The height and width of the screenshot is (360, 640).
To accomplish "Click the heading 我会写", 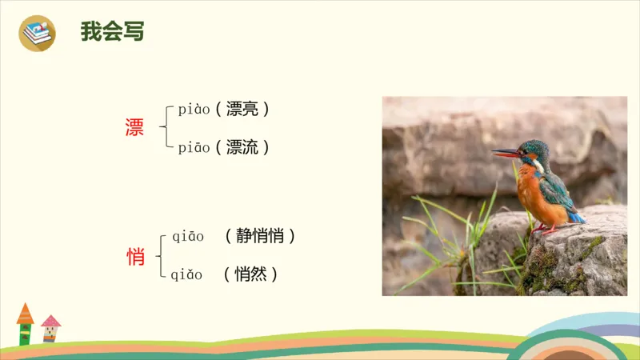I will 112,32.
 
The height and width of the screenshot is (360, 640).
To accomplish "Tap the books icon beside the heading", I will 37,33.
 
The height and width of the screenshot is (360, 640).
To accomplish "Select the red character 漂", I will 134,128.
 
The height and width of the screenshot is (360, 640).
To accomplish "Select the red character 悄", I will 136,257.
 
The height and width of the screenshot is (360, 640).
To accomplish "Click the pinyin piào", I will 194,110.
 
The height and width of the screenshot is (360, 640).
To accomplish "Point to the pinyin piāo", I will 194,147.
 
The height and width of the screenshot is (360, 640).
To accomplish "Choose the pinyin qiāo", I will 188,236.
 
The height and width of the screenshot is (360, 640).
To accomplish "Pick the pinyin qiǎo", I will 188,274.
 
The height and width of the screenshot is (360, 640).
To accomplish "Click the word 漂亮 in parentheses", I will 243,110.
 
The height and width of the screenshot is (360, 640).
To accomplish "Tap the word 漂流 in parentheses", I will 243,147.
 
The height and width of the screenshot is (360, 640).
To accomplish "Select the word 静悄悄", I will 261,236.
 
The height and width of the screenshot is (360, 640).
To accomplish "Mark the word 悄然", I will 250,274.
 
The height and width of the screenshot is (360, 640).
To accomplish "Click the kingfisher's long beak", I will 506,152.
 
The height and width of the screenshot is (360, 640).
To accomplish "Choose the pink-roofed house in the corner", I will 50,328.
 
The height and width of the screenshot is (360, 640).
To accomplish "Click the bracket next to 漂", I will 164,128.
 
